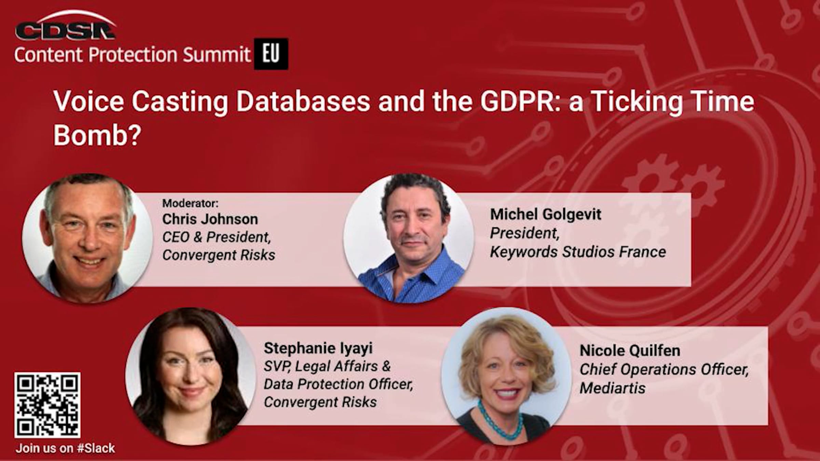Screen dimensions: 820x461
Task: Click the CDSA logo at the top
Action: (65, 26)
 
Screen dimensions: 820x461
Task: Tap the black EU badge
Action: (271, 54)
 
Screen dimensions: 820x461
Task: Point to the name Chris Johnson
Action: (210, 219)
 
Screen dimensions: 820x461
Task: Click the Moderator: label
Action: (190, 203)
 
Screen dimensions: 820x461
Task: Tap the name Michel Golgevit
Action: (546, 214)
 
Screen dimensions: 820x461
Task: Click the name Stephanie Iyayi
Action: (318, 348)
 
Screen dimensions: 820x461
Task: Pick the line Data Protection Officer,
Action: (338, 384)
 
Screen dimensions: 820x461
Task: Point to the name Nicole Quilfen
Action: (630, 351)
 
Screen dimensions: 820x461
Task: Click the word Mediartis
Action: (613, 388)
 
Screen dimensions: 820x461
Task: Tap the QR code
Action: (47, 405)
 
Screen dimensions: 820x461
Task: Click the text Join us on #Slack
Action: (65, 448)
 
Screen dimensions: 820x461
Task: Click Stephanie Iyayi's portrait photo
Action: (190, 376)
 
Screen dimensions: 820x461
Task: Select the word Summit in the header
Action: (217, 55)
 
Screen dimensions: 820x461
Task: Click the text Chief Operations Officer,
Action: (664, 369)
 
